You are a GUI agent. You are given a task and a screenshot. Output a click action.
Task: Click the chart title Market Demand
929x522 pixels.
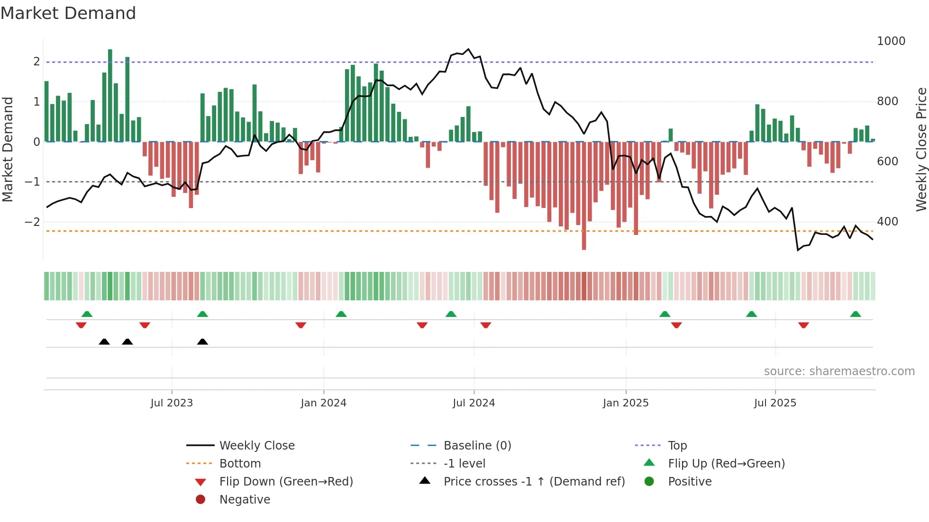tap(68, 13)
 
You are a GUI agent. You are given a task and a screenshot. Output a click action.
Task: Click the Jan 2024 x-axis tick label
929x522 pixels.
tap(323, 403)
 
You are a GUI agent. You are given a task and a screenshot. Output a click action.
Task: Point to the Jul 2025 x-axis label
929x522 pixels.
tap(775, 403)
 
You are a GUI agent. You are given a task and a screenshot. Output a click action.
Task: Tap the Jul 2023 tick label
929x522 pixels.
tap(172, 403)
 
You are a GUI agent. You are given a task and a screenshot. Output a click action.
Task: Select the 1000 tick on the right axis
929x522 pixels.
tap(891, 41)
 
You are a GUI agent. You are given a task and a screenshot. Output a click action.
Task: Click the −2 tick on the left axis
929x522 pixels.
tap(33, 222)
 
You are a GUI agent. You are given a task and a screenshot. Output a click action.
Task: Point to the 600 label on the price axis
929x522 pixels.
tap(887, 162)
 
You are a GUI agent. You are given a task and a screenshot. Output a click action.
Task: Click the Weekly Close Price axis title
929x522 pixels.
tap(921, 149)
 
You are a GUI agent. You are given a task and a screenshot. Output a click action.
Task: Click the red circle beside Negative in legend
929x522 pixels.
tap(200, 500)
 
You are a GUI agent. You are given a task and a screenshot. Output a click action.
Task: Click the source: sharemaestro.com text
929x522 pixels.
tap(839, 371)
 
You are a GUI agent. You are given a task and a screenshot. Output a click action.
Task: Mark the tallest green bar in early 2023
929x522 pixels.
tap(110, 95)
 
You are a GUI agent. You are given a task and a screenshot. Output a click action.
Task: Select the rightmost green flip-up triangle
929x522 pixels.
tap(856, 314)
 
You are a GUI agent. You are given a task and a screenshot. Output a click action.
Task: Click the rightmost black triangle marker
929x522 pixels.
tap(202, 342)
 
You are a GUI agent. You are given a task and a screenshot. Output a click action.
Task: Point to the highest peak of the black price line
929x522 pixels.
tap(468, 49)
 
